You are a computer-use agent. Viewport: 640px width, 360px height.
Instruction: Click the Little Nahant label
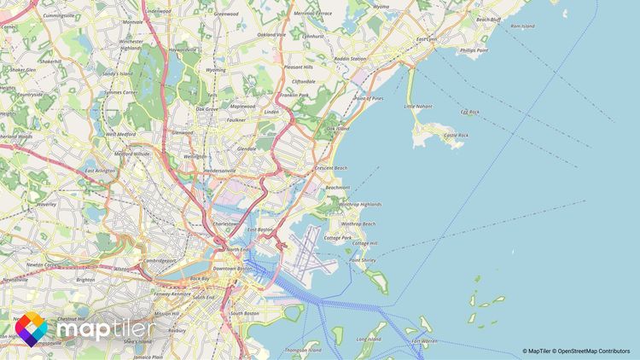coord(418,107)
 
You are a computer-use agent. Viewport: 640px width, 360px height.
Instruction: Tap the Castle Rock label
coord(457,135)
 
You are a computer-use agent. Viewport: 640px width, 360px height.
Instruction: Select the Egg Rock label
coord(470,112)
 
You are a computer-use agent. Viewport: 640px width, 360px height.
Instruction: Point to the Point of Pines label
coord(369,99)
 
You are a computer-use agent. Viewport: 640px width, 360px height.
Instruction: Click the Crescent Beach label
coord(331,168)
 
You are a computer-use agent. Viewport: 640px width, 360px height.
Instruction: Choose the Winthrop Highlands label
coord(360,205)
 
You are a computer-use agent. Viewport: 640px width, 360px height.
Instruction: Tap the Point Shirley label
coord(363,259)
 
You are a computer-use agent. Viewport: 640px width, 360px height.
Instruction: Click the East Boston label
coord(259,229)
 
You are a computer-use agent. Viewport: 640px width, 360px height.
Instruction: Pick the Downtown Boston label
coord(234,269)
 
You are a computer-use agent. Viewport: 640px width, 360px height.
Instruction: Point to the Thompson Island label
coord(303,350)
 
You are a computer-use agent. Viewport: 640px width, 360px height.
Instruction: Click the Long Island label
coord(369,339)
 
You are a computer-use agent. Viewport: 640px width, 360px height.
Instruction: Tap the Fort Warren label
coord(424,341)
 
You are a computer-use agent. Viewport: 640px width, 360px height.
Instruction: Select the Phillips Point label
coord(474,50)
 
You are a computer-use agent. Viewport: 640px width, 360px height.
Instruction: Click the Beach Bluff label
coord(488,19)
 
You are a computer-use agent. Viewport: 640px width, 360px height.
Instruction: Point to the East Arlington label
coord(101,171)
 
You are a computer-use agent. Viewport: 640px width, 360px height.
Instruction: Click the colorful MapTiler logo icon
coord(32,328)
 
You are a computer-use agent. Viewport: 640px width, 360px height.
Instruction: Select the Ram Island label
coord(522,26)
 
